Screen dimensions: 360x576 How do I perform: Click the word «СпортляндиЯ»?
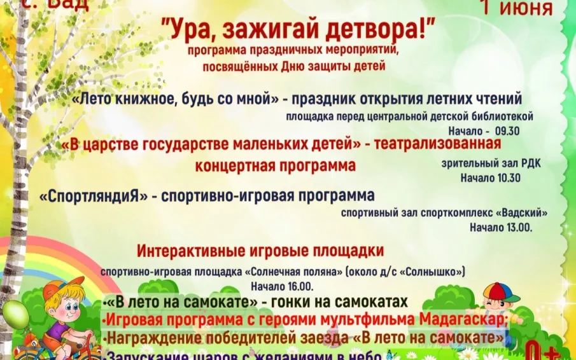click(x=94, y=196)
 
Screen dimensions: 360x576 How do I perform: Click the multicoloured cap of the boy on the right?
click(x=500, y=293)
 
